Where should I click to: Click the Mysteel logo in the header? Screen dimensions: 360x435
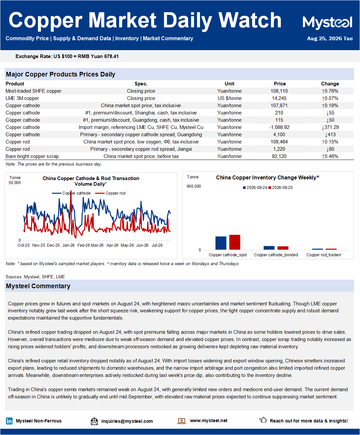[327, 22]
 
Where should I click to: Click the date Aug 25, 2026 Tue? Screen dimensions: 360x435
[330, 39]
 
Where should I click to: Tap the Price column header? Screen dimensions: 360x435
[279, 84]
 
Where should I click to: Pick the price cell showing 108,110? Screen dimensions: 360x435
[279, 91]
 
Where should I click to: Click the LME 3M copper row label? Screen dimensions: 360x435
[22, 98]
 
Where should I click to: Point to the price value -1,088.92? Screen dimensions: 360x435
[279, 127]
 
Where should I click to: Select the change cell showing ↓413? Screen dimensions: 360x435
[330, 135]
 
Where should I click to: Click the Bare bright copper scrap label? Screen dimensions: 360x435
[32, 156]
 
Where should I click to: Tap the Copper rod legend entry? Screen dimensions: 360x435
[110, 193]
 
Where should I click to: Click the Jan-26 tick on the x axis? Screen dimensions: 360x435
[68, 245]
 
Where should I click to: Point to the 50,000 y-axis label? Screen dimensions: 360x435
[15, 183]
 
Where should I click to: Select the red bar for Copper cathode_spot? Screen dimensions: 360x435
[235, 242]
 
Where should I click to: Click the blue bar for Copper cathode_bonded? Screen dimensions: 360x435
[269, 248]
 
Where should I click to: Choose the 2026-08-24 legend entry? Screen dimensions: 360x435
[255, 188]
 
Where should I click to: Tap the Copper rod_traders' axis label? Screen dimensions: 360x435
[324, 255]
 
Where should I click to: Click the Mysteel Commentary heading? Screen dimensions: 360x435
[38, 286]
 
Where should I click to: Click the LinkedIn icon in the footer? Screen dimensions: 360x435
[9, 421]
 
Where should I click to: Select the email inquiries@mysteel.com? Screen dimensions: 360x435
[127, 421]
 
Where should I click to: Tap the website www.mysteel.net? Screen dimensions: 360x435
[209, 420]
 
